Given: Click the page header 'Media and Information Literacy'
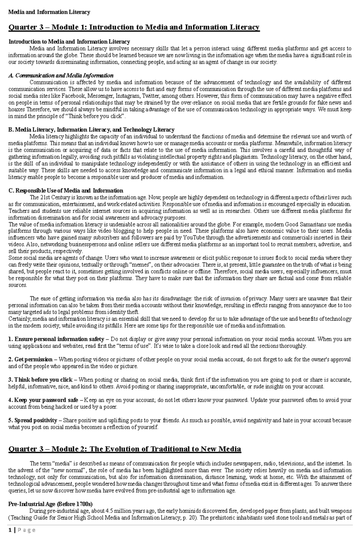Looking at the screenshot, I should click(49, 12).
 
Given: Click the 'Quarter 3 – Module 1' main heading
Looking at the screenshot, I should click(134, 27).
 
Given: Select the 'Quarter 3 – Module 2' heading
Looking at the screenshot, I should click(125, 449).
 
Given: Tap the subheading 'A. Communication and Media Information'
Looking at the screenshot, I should click(61, 75).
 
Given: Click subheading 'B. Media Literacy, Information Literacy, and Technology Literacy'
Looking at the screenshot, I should click(91, 129).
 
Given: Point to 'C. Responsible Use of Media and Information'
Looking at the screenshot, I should click(66, 191).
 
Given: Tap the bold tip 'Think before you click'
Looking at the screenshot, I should click(43, 380).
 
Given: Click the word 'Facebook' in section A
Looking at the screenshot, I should click(72, 96).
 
